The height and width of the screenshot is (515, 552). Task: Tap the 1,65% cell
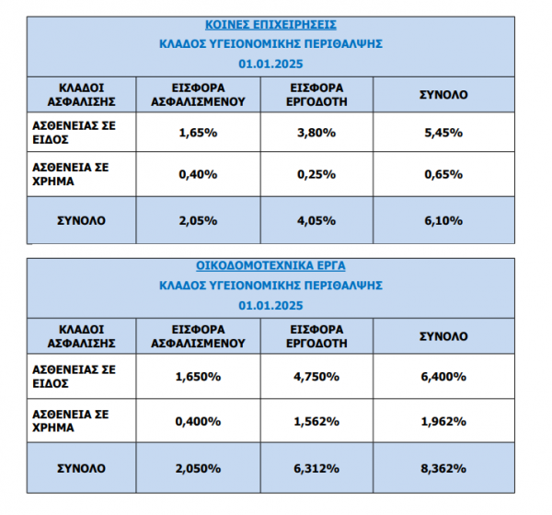[x=198, y=133]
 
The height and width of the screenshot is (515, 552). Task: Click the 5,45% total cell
[x=444, y=133]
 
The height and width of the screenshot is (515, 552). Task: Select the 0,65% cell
[x=444, y=175]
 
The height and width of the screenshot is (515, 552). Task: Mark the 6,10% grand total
[x=444, y=220]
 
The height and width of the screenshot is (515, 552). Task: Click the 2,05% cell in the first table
[x=198, y=220]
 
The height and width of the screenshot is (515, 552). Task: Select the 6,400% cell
[x=444, y=377]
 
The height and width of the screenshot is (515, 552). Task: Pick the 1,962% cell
[x=444, y=421]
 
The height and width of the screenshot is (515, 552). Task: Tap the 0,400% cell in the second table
[x=198, y=421]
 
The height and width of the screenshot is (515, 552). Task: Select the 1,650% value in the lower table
[x=198, y=377]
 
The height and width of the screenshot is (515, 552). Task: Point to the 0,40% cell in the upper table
[x=198, y=175]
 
